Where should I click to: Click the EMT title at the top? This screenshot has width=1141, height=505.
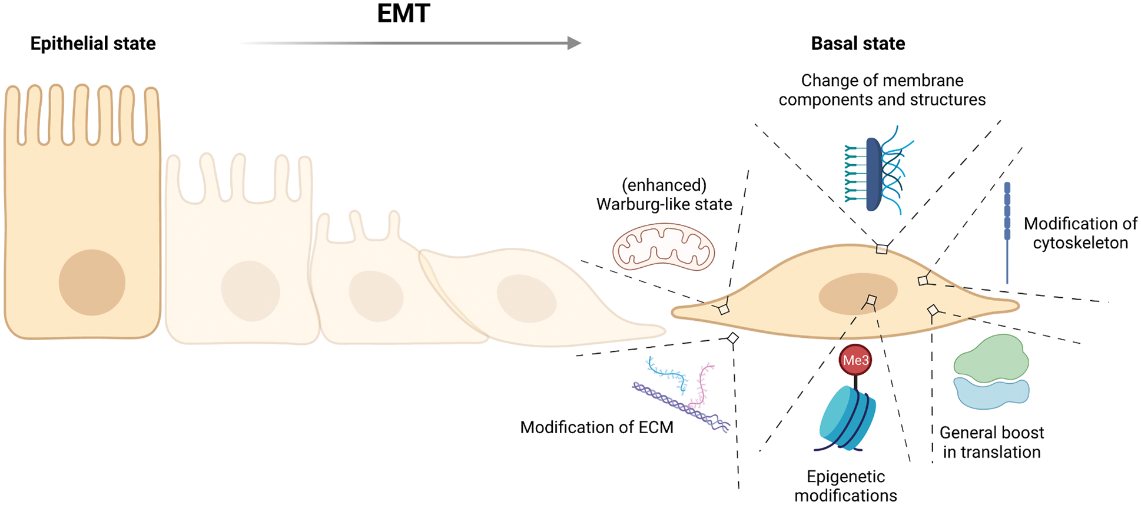point(404,14)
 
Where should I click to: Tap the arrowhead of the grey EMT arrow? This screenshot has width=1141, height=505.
point(574,43)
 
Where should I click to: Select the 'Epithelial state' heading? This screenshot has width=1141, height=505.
point(93,44)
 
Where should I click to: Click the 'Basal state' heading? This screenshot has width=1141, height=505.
point(858,44)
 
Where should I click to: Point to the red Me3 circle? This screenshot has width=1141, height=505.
point(855,360)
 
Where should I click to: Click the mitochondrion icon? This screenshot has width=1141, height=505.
point(664,248)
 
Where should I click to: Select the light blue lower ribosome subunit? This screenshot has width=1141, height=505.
point(991,393)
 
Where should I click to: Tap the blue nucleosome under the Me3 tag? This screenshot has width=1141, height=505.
point(848,418)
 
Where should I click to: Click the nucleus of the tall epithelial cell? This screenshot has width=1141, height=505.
point(92,283)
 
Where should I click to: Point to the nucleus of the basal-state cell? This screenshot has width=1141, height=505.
point(858,293)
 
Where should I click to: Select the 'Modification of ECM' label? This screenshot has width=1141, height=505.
point(596,427)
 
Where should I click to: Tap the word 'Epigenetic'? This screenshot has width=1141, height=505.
point(845,477)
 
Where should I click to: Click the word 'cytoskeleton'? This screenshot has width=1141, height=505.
point(1080,242)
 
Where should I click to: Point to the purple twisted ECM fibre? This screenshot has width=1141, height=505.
point(680,406)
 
